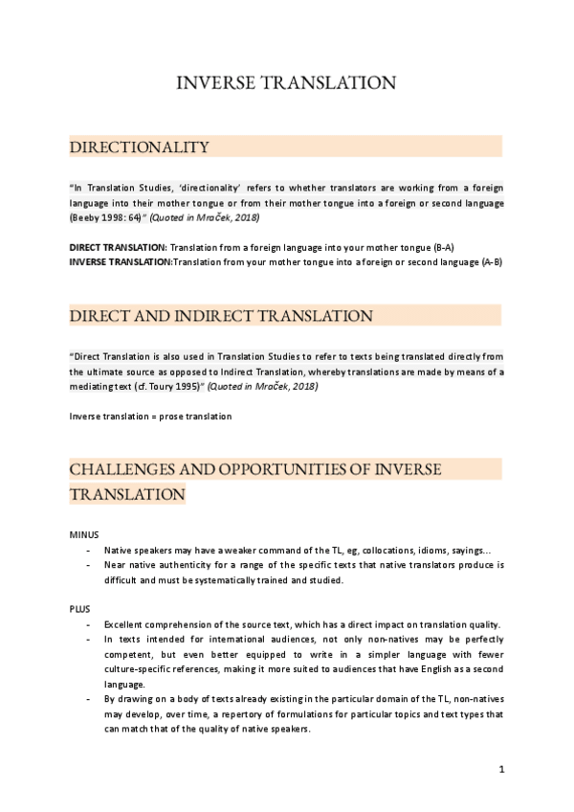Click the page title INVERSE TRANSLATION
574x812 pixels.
click(x=286, y=83)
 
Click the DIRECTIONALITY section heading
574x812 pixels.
click(x=139, y=147)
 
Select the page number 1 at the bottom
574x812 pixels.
click(x=501, y=769)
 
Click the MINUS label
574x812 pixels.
click(x=84, y=533)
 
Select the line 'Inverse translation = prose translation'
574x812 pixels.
click(x=150, y=416)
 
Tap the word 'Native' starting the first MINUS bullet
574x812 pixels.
click(x=120, y=550)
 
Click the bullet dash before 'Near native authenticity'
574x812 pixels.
click(x=89, y=565)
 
